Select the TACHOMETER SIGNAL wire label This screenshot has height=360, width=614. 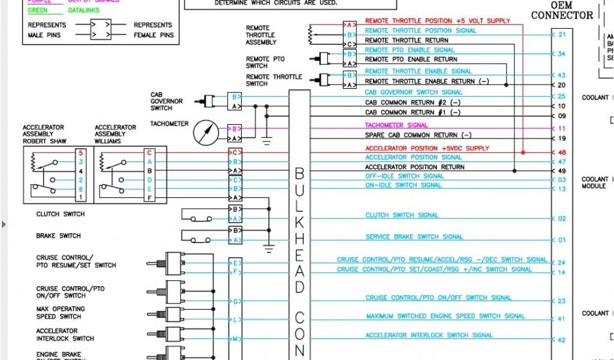click(396, 125)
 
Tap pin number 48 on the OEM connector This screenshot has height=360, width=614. click(561, 153)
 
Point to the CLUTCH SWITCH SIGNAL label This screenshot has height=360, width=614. click(402, 215)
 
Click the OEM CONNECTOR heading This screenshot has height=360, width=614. click(562, 10)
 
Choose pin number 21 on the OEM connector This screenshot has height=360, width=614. click(561, 35)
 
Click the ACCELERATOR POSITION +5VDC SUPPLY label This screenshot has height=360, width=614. click(427, 148)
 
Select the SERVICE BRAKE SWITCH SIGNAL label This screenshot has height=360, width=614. click(414, 236)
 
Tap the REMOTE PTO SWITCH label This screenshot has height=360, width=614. click(265, 62)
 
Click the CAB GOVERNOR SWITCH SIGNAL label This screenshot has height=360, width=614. click(413, 92)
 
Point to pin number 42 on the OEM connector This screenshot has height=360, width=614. click(561, 340)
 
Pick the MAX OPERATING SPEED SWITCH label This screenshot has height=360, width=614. click(60, 313)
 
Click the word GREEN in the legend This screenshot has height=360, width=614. click(38, 10)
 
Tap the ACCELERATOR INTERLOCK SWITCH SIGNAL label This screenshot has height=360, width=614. click(429, 335)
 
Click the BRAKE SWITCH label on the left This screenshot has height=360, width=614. click(58, 236)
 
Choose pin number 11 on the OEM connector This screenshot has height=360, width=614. click(561, 129)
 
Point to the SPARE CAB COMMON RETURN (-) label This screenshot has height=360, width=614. click(418, 135)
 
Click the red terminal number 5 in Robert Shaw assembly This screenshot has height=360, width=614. click(80, 153)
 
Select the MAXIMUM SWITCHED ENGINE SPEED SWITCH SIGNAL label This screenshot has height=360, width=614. click(446, 316)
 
